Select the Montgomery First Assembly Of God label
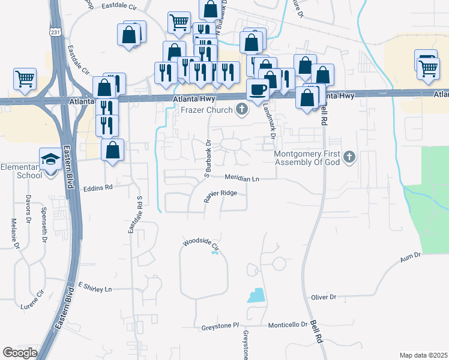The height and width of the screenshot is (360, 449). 307,158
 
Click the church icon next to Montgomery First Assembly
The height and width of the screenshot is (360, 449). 350,158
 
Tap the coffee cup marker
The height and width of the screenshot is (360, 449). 258,89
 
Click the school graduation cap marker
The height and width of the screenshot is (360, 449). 50,158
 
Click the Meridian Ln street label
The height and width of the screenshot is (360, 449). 242,179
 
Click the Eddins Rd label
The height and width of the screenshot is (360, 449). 98,187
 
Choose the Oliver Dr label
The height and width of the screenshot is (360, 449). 324,297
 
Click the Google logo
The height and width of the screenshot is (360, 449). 20,353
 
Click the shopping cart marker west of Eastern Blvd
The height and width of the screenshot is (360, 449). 25,79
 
